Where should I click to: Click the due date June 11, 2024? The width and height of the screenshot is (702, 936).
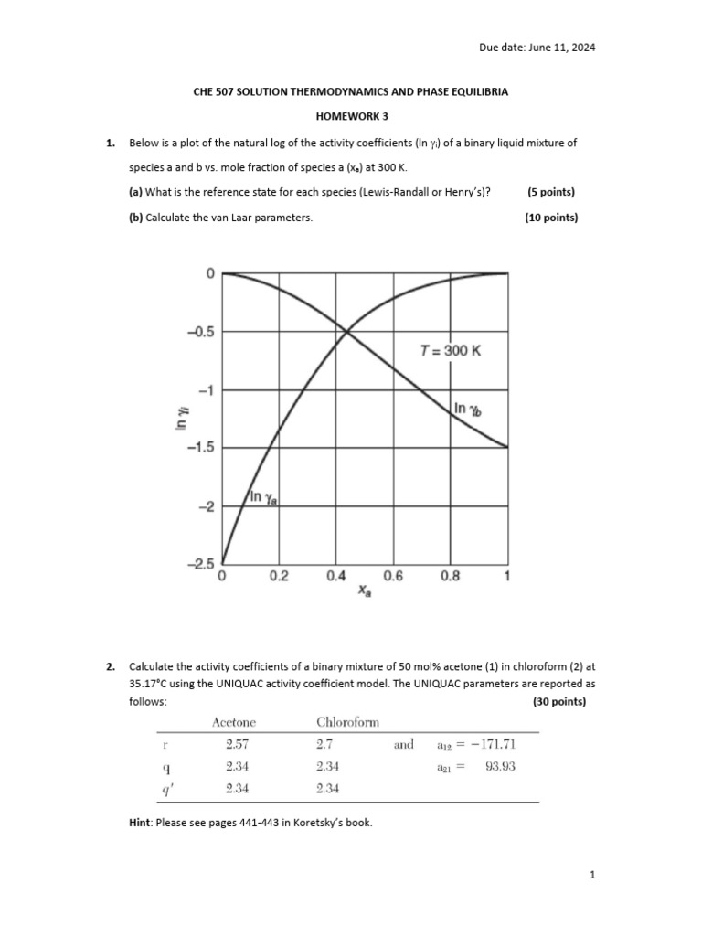[x=537, y=48]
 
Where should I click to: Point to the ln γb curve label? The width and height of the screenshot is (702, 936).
[x=468, y=410]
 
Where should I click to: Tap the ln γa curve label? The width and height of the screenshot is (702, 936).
[x=264, y=496]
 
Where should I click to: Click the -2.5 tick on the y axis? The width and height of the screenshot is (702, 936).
[x=200, y=564]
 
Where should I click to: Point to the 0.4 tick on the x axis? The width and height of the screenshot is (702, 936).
[x=336, y=577]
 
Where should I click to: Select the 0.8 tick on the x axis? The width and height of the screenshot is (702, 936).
[x=450, y=577]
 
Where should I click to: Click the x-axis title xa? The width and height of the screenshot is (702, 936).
[x=364, y=592]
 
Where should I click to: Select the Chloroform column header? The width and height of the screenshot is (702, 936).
[x=347, y=722]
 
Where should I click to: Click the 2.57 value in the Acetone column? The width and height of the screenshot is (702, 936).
[x=237, y=745]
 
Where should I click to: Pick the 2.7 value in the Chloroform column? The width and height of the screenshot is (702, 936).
[x=324, y=745]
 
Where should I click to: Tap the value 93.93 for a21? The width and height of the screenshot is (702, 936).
[x=500, y=767]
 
